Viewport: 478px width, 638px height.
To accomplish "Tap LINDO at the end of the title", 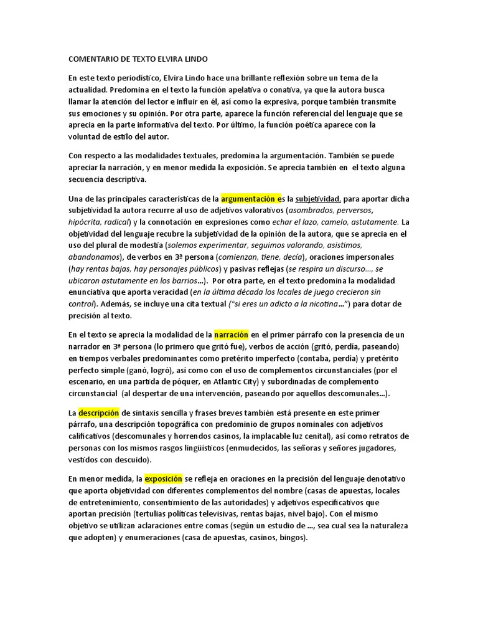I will (195, 59).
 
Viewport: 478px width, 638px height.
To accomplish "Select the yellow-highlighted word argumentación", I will (248, 199).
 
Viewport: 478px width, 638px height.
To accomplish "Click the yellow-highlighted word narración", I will (231, 335).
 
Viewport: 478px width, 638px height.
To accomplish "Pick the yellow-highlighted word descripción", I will (98, 412).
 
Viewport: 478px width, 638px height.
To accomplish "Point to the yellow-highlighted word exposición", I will (164, 478).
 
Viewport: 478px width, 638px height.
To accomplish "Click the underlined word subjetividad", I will (317, 199).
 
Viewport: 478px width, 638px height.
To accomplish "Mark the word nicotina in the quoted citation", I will (314, 303).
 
